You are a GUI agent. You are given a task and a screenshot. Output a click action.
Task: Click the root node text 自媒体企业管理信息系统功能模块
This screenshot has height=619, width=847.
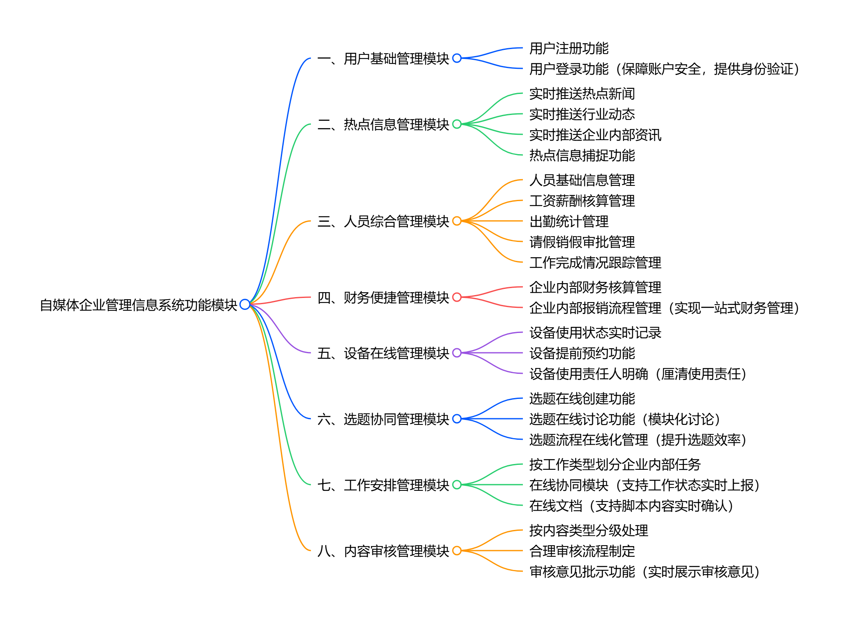139,305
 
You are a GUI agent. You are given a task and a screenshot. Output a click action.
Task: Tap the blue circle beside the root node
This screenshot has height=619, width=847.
245,305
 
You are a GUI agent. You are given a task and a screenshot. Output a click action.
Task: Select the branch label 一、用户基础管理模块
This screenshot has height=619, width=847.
383,59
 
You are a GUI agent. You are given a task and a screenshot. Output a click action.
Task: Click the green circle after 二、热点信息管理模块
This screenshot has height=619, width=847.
457,124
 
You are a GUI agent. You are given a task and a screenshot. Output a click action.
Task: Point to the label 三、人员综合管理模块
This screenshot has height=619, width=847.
383,221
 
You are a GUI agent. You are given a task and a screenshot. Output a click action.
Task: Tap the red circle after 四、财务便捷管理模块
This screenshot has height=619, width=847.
457,297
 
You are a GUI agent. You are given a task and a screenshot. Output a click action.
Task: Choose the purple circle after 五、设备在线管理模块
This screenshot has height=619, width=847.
457,353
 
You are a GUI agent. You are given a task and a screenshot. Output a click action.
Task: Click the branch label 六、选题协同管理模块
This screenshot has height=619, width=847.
383,419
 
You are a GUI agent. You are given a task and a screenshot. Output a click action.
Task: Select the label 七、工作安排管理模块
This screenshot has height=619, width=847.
383,485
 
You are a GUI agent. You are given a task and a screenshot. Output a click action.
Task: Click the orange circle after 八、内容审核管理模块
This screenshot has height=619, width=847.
457,551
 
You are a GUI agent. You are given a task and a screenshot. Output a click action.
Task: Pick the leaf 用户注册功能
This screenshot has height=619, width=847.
569,48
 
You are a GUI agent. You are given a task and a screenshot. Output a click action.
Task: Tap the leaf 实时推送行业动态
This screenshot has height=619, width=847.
582,114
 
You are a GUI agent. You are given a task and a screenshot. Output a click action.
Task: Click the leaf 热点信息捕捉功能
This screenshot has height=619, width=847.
582,155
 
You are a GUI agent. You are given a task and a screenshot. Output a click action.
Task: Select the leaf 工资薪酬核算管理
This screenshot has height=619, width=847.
582,201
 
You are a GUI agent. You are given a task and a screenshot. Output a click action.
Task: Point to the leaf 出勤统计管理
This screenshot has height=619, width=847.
569,221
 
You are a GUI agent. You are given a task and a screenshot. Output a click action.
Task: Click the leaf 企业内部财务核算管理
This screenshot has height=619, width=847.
595,287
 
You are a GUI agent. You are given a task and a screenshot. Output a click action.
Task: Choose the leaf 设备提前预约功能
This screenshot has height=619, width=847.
582,353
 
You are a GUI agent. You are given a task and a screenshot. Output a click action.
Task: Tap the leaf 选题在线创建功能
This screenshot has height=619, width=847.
582,399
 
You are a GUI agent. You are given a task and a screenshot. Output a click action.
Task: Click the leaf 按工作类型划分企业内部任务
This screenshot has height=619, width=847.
615,464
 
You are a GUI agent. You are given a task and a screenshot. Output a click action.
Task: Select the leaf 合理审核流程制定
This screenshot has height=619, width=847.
582,551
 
